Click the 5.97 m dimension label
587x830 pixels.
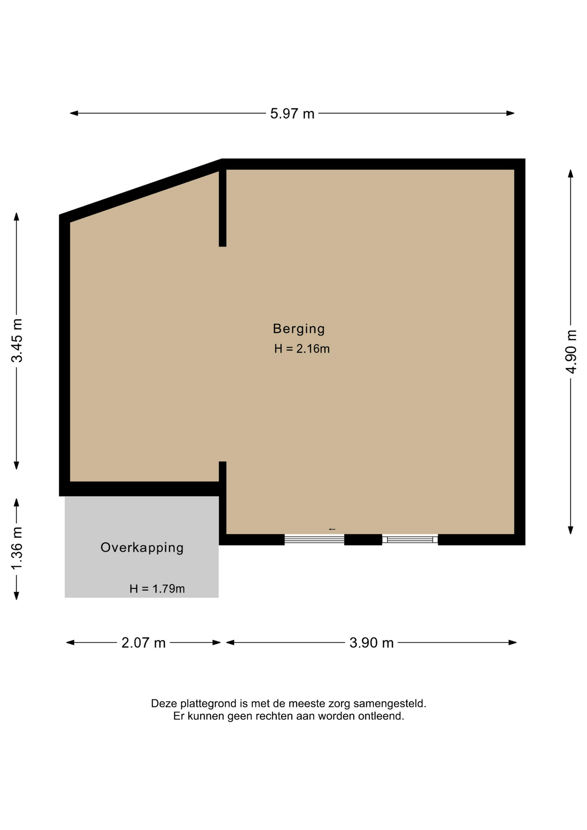tap(292, 114)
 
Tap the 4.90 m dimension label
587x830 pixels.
tap(571, 351)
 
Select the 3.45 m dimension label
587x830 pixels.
tap(17, 340)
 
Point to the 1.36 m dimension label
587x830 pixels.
tap(16, 549)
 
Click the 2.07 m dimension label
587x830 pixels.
tap(144, 643)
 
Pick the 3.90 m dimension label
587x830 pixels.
tap(371, 643)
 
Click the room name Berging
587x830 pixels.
tap(299, 329)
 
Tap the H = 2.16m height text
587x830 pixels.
tap(302, 349)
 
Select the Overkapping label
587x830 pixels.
tap(142, 548)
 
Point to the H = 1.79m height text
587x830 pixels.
tap(157, 589)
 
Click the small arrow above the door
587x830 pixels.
tap(332, 529)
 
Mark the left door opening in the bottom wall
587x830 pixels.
tap(314, 539)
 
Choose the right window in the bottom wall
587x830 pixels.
tap(410, 539)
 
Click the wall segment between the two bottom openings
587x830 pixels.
tap(363, 539)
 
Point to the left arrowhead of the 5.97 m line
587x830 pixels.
tap(74, 113)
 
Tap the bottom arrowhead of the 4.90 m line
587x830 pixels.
tap(571, 530)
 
